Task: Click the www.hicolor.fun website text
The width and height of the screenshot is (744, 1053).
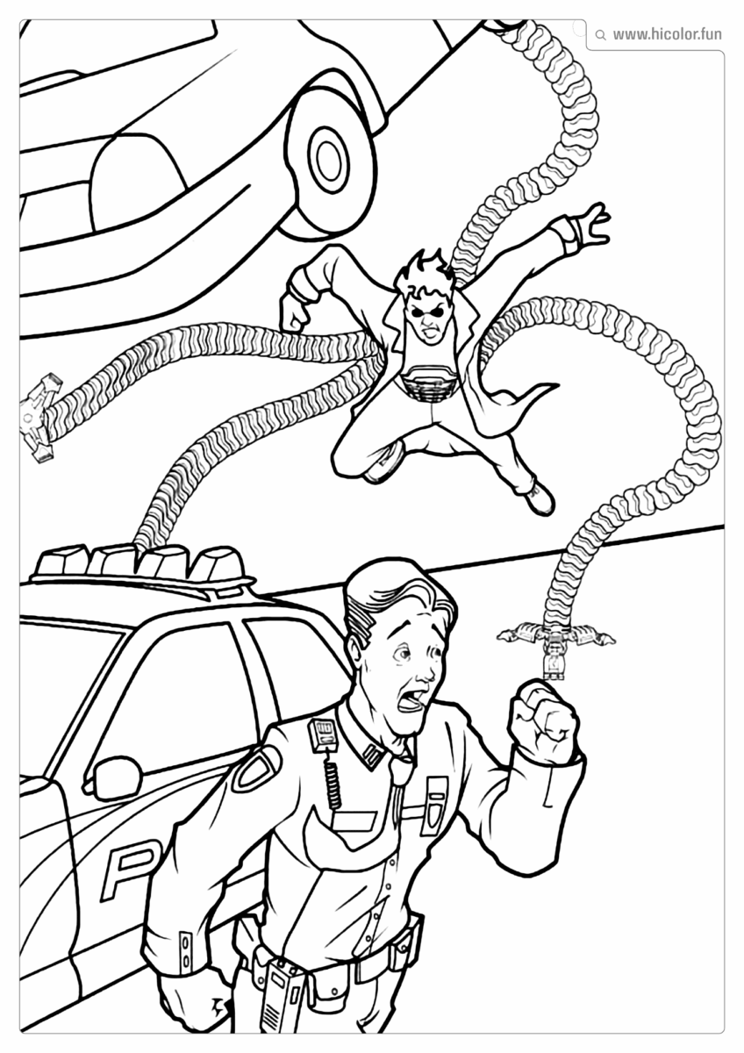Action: [667, 34]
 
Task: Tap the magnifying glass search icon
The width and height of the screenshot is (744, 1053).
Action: [600, 35]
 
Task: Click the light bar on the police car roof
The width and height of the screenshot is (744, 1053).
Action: [140, 562]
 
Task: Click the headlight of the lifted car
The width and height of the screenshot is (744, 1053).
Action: [136, 171]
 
